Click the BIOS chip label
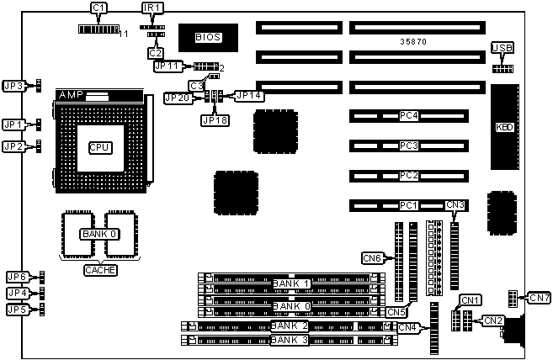(207, 37)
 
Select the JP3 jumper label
(13, 85)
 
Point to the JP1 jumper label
(13, 125)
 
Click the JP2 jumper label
(13, 146)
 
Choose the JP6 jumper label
(16, 277)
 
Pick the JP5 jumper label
(16, 309)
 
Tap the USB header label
(502, 47)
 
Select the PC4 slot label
(409, 116)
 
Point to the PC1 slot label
(409, 204)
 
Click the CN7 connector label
(539, 298)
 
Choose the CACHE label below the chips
(100, 270)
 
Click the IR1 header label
(153, 8)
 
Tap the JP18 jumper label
(212, 119)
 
